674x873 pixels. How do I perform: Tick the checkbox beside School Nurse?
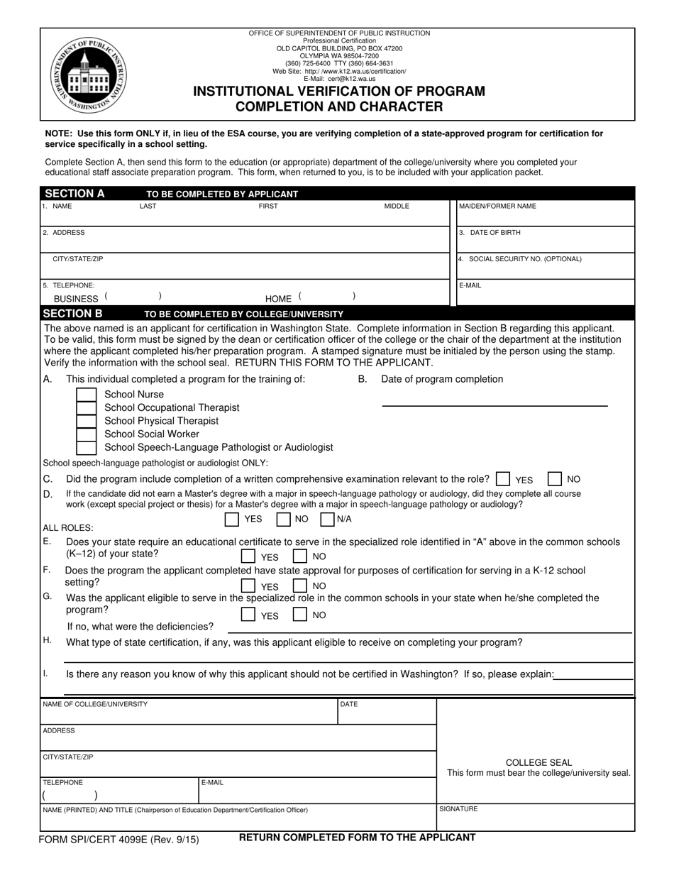pyautogui.click(x=86, y=395)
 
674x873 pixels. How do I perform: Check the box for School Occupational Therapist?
pyautogui.click(x=86, y=408)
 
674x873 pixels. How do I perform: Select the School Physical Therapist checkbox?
pyautogui.click(x=86, y=421)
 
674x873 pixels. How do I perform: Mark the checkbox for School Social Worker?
pyautogui.click(x=86, y=434)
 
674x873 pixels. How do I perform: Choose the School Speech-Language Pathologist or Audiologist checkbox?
pyautogui.click(x=86, y=448)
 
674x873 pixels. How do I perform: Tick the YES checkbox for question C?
pyautogui.click(x=503, y=479)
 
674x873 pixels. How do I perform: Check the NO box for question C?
pyautogui.click(x=556, y=479)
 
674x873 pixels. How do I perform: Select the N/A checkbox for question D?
pyautogui.click(x=328, y=520)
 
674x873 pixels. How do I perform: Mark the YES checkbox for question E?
pyautogui.click(x=248, y=556)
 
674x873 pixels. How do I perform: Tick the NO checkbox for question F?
pyautogui.click(x=301, y=586)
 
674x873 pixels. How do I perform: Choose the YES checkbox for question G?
pyautogui.click(x=248, y=615)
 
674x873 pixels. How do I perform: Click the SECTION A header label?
pyautogui.click(x=74, y=194)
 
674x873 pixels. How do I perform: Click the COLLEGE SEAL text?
pyautogui.click(x=538, y=762)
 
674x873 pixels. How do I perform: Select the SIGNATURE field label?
pyautogui.click(x=458, y=809)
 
